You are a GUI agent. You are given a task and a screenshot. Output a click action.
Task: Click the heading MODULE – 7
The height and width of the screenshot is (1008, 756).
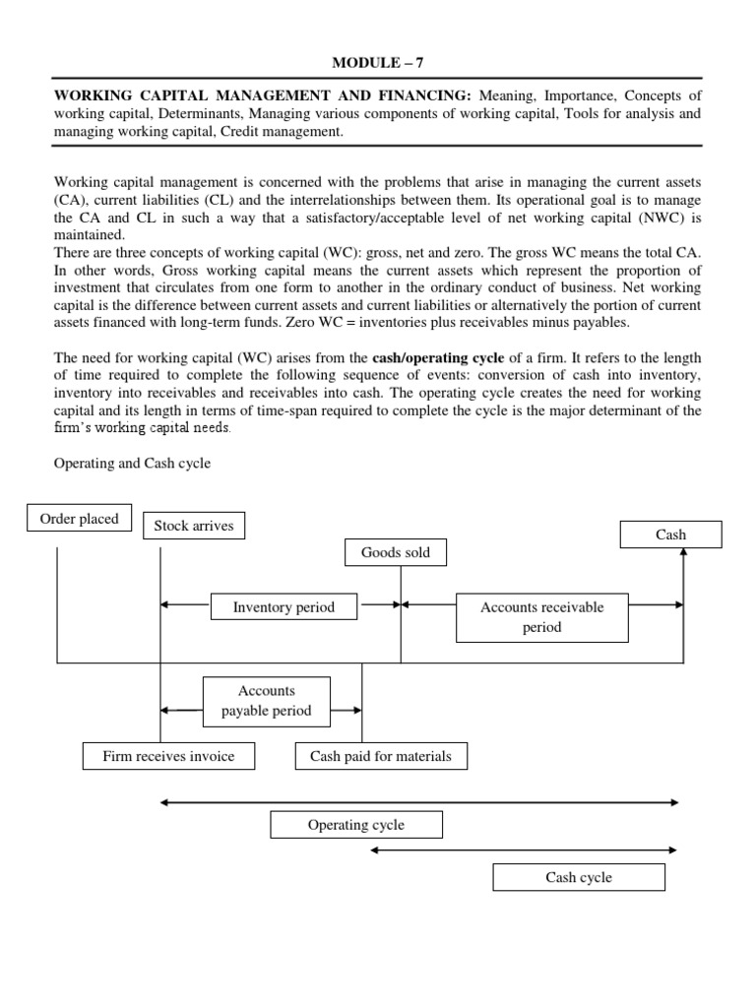click(379, 63)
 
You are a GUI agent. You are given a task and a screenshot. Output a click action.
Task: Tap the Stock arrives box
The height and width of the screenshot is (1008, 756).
click(194, 526)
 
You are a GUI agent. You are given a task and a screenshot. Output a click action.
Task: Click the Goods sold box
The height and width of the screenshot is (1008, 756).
click(396, 553)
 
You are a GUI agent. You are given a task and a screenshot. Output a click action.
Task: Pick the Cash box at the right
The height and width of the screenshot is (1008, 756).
click(670, 535)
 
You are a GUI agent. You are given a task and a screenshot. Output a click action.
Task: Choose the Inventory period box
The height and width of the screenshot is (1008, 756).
click(283, 607)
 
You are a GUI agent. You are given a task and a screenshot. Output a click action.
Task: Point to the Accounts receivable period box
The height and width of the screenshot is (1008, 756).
click(542, 617)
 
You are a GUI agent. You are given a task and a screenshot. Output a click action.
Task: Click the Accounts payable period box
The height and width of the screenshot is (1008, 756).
click(267, 701)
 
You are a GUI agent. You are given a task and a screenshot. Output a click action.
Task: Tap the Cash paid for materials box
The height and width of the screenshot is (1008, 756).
click(381, 756)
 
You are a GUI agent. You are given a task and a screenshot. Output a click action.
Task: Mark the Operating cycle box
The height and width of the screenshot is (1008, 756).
click(356, 825)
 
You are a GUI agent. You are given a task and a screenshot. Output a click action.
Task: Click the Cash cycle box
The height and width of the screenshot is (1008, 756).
click(579, 877)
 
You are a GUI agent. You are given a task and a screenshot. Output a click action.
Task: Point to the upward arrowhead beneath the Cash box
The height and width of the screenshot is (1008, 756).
click(683, 553)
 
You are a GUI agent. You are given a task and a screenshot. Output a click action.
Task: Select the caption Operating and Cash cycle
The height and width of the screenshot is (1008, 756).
click(132, 463)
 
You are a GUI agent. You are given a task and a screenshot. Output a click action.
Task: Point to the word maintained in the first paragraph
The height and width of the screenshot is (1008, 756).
click(91, 235)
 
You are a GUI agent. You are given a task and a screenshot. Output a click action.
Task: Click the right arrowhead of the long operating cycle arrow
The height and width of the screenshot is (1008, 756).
click(675, 803)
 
